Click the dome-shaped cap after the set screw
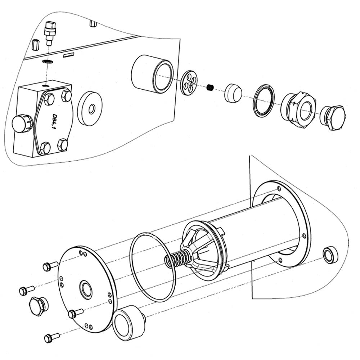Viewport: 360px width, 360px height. (x=233, y=93)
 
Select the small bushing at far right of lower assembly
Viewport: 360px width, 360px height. (x=330, y=255)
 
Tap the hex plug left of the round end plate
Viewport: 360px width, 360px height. (x=38, y=306)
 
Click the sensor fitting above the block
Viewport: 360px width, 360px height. (x=49, y=33)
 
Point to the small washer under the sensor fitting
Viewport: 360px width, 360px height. (x=48, y=62)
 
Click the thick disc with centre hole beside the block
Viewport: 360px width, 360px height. (x=90, y=109)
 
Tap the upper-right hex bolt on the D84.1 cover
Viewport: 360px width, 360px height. (x=66, y=95)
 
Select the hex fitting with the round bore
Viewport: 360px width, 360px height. (x=298, y=108)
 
